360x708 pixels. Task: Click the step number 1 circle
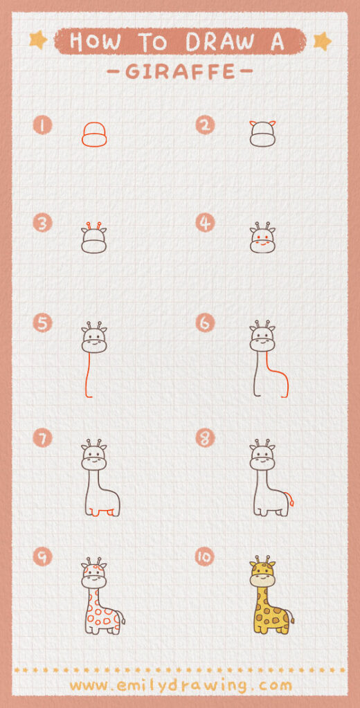(x=43, y=125)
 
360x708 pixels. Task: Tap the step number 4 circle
(x=205, y=223)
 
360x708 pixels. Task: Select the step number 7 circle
(x=43, y=437)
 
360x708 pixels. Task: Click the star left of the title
(x=38, y=40)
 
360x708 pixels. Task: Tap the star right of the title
(x=322, y=41)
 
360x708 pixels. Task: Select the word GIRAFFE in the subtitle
(x=180, y=71)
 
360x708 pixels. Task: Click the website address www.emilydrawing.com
(x=180, y=685)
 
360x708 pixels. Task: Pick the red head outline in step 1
(x=94, y=135)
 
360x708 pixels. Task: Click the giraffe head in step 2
(x=262, y=135)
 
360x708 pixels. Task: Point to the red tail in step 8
(x=291, y=498)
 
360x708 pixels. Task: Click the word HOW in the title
(x=94, y=42)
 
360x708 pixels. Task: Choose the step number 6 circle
(x=205, y=323)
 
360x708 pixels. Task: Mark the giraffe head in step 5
(x=94, y=339)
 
